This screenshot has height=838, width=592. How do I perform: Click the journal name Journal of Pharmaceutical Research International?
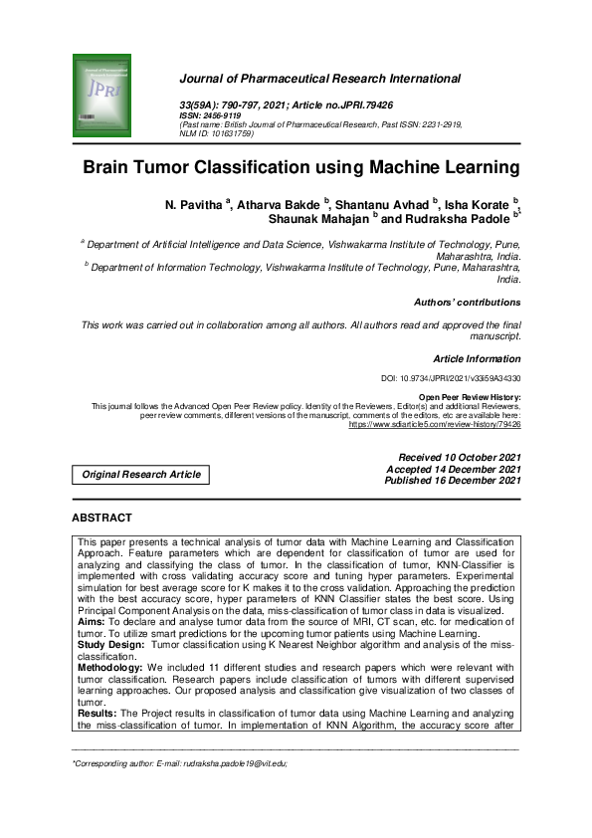point(319,79)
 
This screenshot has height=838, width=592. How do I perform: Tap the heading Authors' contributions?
point(467,302)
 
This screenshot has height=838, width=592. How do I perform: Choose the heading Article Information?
point(477,357)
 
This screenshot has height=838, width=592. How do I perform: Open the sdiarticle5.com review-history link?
point(434,424)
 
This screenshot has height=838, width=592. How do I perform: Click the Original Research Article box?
point(141,475)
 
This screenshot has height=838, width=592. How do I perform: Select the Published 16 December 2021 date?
point(453,481)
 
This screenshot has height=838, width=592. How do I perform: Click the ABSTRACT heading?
point(102,518)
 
